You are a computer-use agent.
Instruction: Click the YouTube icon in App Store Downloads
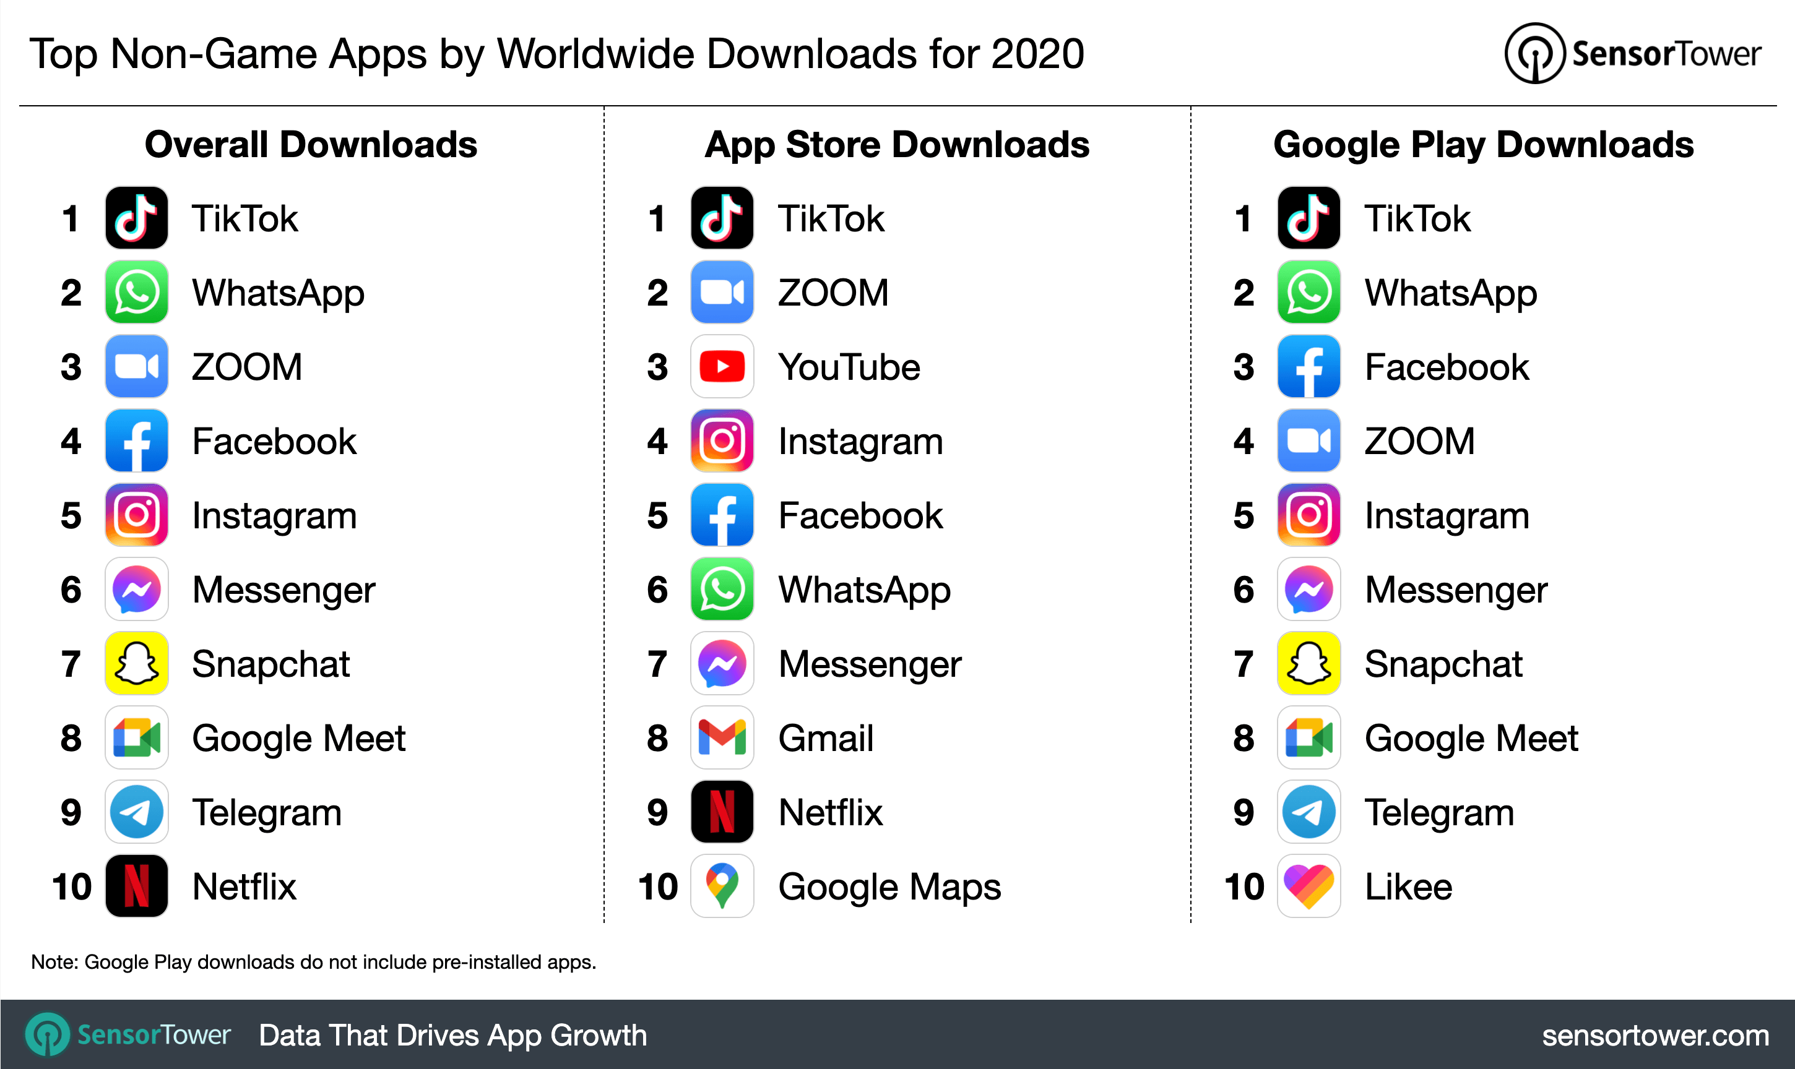pyautogui.click(x=722, y=367)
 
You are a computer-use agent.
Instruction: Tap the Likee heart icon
pyautogui.click(x=1308, y=886)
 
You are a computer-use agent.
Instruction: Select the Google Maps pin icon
pyautogui.click(x=722, y=886)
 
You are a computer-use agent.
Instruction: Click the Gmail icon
pyautogui.click(x=722, y=737)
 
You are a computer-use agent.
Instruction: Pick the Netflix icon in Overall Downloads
pyautogui.click(x=137, y=886)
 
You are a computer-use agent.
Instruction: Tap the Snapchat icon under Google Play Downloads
pyautogui.click(x=1308, y=663)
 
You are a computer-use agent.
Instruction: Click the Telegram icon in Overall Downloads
pyautogui.click(x=137, y=812)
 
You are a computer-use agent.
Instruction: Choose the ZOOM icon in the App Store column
pyautogui.click(x=722, y=293)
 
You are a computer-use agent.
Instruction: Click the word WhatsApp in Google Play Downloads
pyautogui.click(x=1451, y=294)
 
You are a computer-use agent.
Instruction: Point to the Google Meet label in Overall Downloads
pyautogui.click(x=298, y=739)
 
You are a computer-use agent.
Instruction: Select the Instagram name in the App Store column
pyautogui.click(x=860, y=442)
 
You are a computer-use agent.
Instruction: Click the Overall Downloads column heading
pyautogui.click(x=311, y=145)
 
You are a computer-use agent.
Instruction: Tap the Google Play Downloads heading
pyautogui.click(x=1483, y=145)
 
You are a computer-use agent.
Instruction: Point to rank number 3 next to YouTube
pyautogui.click(x=657, y=367)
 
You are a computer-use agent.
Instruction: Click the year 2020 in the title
pyautogui.click(x=1037, y=54)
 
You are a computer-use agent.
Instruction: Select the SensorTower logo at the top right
pyautogui.click(x=1632, y=54)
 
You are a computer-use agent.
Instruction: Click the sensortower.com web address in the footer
pyautogui.click(x=1655, y=1035)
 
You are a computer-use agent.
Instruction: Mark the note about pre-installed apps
pyautogui.click(x=313, y=963)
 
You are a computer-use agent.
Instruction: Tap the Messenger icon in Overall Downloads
pyautogui.click(x=137, y=589)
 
